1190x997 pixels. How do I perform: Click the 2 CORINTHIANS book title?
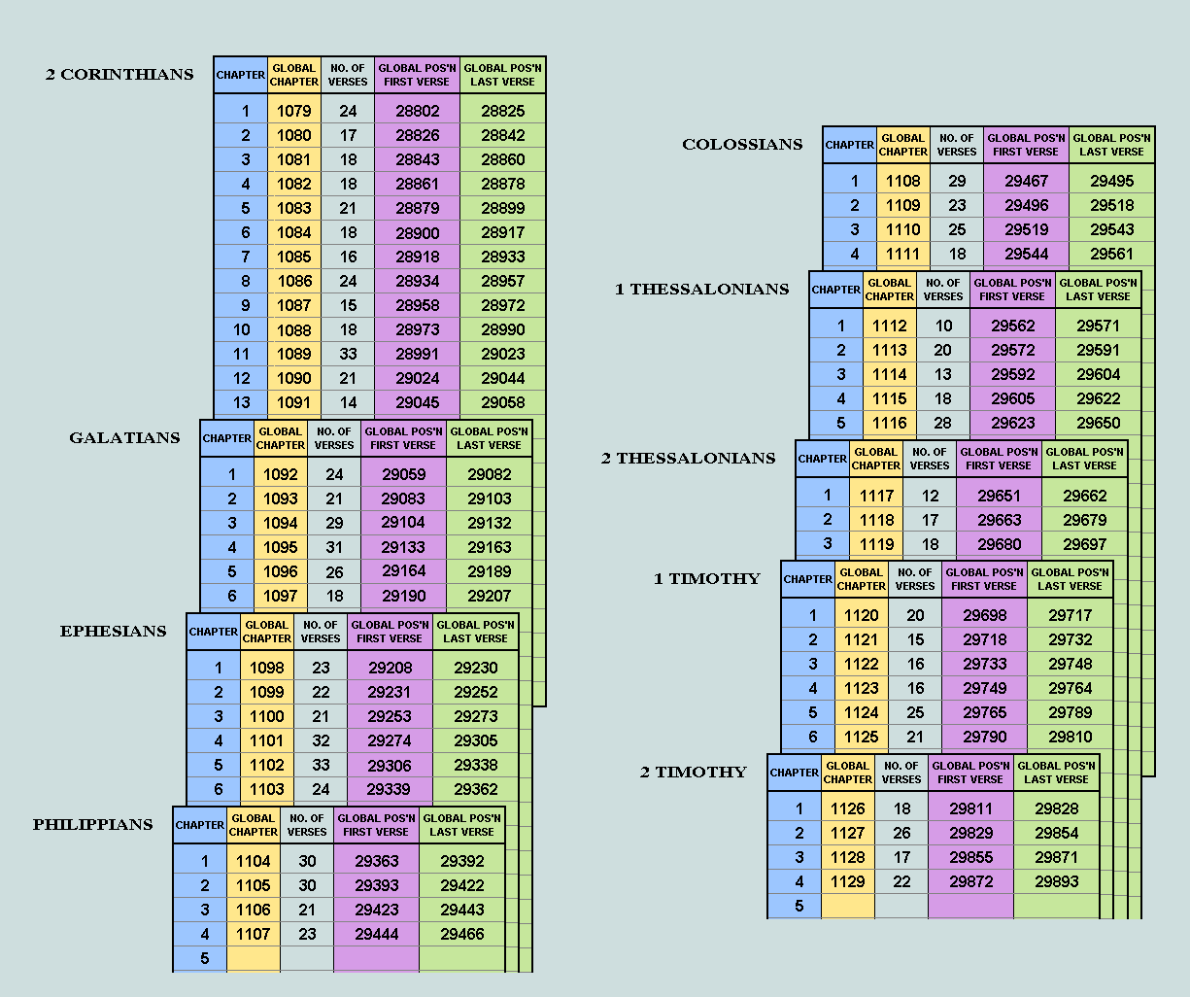(x=119, y=75)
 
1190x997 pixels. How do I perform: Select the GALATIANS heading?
(x=124, y=438)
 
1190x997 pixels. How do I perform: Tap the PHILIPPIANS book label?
(x=93, y=825)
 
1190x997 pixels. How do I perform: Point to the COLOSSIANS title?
(x=742, y=145)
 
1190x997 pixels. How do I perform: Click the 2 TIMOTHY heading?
(x=693, y=773)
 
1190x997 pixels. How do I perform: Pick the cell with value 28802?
(x=417, y=111)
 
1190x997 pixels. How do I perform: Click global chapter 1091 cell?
(x=294, y=402)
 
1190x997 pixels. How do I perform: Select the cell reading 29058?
(x=502, y=402)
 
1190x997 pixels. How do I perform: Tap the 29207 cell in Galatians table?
(x=489, y=596)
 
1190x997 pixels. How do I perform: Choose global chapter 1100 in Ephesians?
(x=267, y=716)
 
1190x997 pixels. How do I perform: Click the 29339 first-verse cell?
(x=390, y=789)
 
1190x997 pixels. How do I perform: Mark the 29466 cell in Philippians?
(x=461, y=934)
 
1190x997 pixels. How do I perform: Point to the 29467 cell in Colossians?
(x=1026, y=181)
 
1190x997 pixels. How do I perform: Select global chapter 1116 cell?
(x=889, y=423)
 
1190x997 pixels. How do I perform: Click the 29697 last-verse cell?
(x=1084, y=544)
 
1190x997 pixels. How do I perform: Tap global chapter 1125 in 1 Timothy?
(x=861, y=737)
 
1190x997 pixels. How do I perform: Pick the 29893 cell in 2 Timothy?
(x=1056, y=881)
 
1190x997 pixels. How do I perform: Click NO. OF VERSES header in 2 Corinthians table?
(x=348, y=75)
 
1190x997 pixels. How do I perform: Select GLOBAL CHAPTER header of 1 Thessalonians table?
(x=889, y=290)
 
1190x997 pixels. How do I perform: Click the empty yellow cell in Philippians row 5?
(x=253, y=958)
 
